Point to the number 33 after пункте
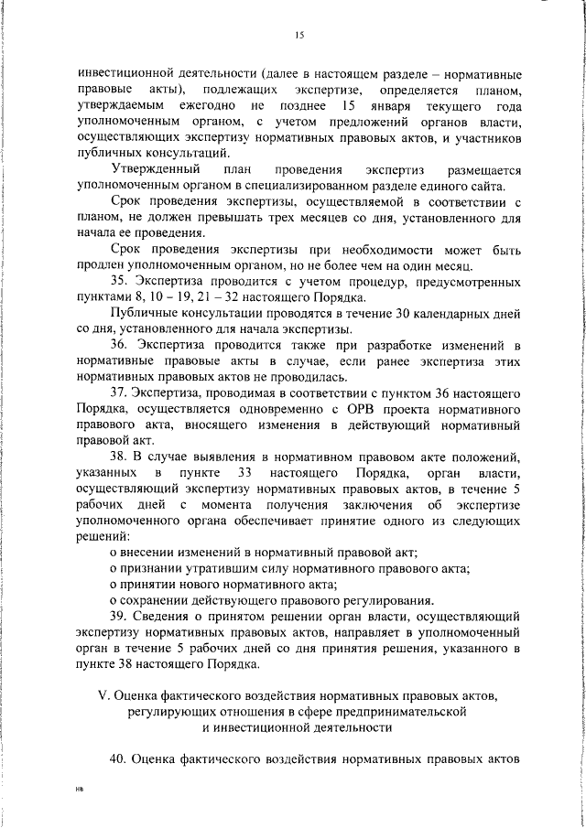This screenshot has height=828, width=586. coord(244,473)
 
